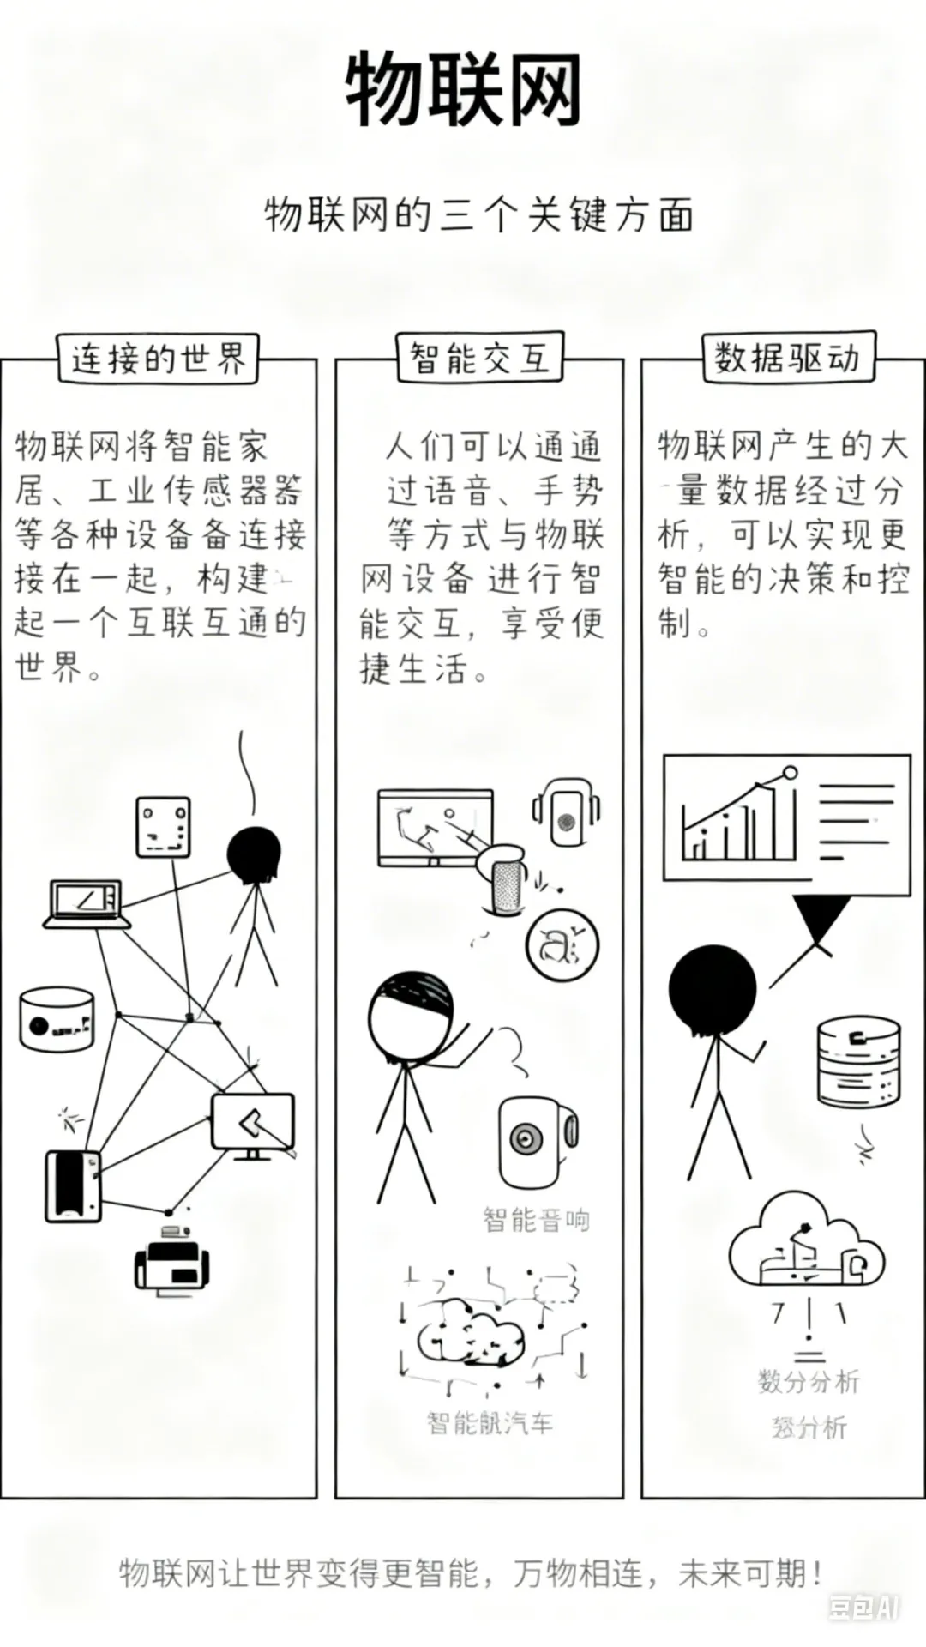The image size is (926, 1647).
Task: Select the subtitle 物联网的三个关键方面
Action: click(x=478, y=214)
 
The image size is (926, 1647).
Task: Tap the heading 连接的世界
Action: click(x=158, y=359)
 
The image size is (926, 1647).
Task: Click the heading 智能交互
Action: click(x=479, y=357)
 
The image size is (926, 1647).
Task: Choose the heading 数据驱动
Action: click(x=787, y=357)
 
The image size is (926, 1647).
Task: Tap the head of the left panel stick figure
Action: click(x=254, y=855)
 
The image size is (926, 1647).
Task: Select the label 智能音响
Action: click(x=536, y=1219)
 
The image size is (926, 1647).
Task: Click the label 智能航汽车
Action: click(x=490, y=1423)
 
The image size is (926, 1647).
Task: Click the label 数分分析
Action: click(x=808, y=1382)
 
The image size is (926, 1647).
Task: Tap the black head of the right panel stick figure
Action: click(x=713, y=988)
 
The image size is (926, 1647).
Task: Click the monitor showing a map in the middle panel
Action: click(x=436, y=828)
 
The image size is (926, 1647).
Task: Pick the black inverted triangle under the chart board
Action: click(x=821, y=919)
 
